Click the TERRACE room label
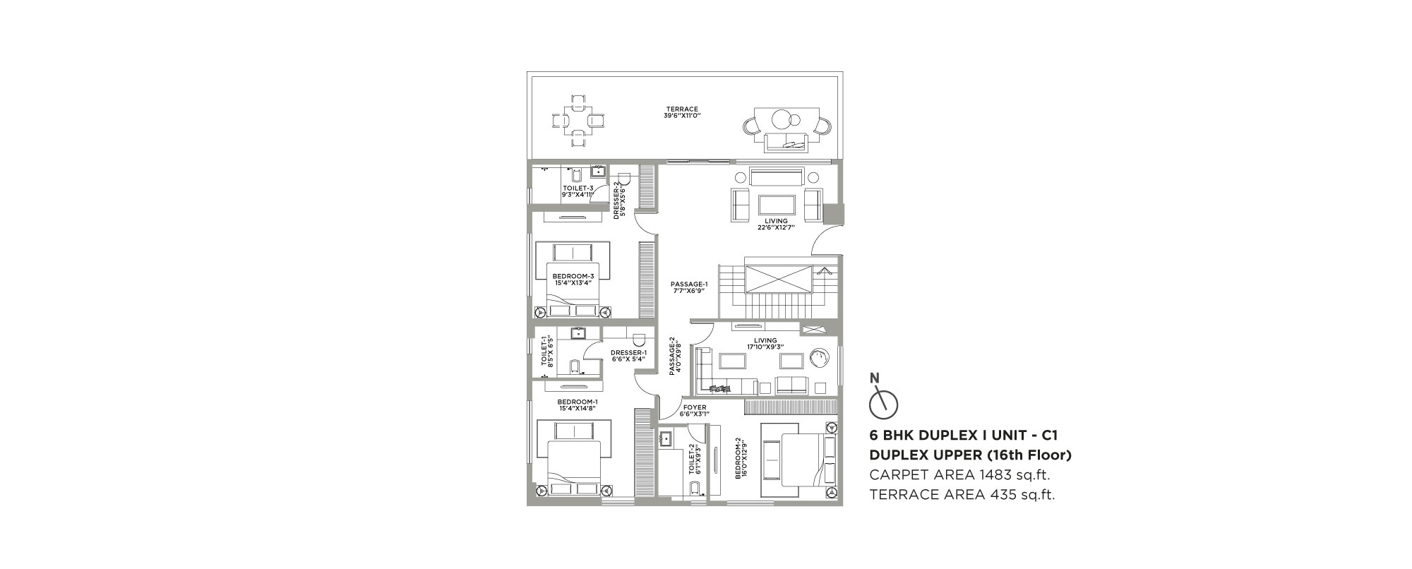point(681,109)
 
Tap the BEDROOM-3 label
point(573,276)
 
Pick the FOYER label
point(693,408)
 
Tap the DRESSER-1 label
point(628,353)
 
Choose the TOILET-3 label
point(578,188)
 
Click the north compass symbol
point(882,400)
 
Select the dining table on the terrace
point(578,120)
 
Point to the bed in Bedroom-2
point(798,457)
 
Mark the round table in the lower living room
point(820,358)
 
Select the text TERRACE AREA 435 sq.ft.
point(962,495)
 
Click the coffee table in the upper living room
point(777,205)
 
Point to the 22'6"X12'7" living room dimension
point(775,227)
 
